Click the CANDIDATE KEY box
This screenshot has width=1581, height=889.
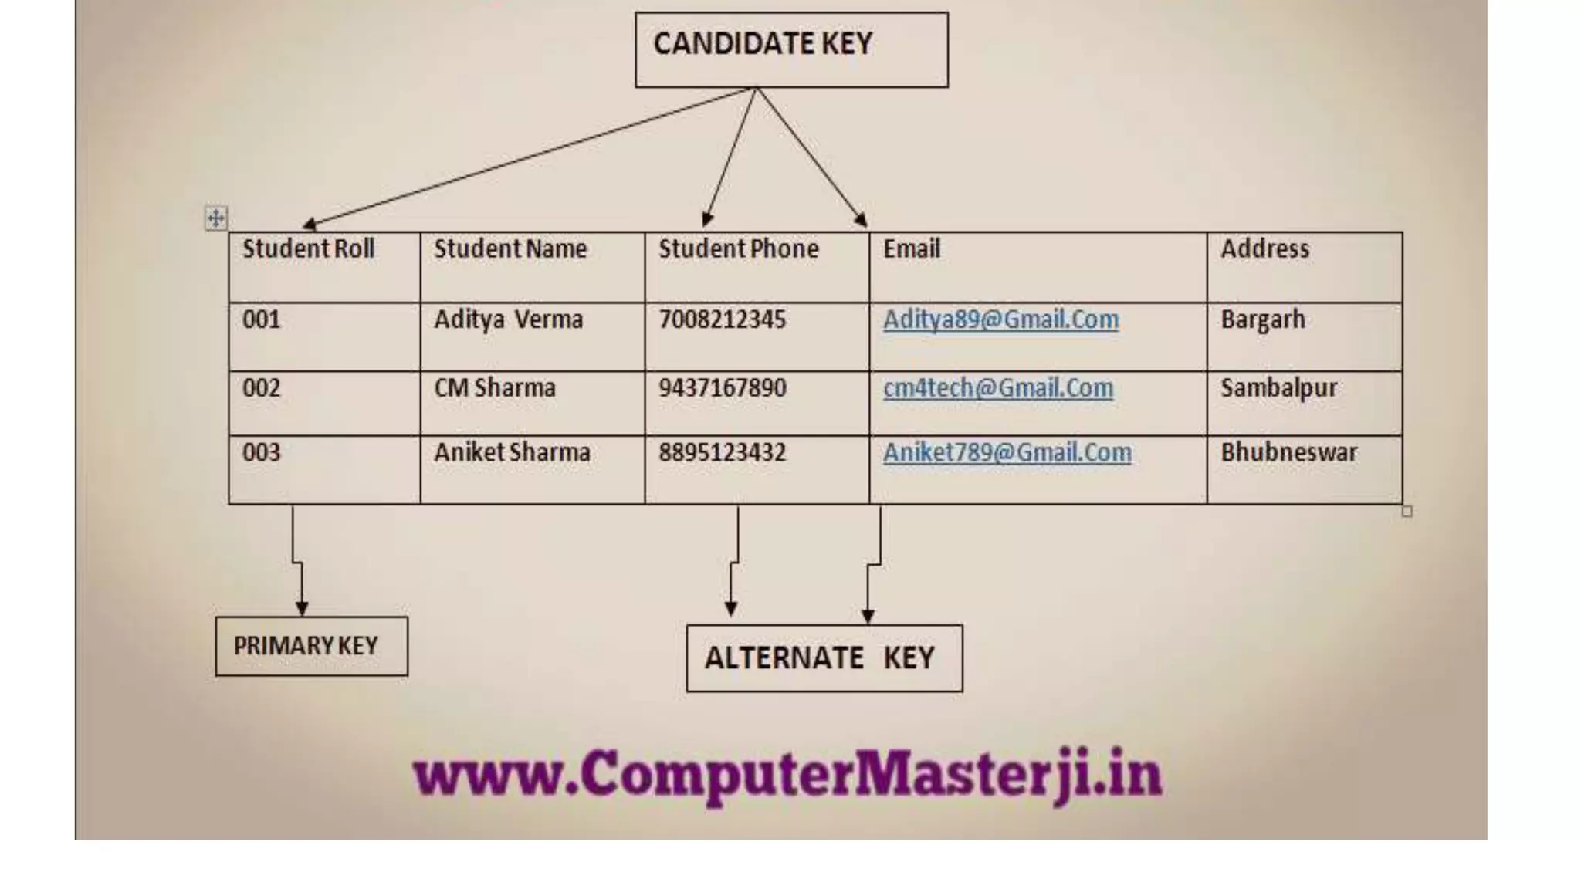[x=791, y=49]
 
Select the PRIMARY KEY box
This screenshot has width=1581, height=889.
[x=311, y=646]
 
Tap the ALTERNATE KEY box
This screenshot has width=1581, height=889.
[x=824, y=658]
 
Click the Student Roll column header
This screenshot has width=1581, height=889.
[x=308, y=249]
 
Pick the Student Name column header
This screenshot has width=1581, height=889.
[x=510, y=249]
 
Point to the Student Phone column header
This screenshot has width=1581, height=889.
[x=738, y=249]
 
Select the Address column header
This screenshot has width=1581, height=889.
[x=1264, y=249]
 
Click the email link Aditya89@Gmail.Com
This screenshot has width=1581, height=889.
[x=1000, y=319]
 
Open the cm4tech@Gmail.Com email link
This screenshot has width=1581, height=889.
[x=998, y=388]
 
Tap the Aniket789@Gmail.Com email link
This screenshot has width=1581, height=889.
[x=1007, y=453]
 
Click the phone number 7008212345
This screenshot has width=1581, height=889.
[x=722, y=319]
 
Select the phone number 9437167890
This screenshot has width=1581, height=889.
[x=722, y=388]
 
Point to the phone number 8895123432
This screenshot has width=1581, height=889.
[x=722, y=453]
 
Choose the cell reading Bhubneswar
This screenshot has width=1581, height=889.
[x=1288, y=453]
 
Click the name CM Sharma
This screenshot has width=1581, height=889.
[x=495, y=388]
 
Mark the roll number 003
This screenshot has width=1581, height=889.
[x=261, y=453]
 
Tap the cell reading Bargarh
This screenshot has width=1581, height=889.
[x=1263, y=319]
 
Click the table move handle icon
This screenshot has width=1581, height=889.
[x=216, y=218]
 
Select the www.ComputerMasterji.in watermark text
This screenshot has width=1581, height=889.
[x=787, y=775]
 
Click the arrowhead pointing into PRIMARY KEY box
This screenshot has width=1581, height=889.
[x=302, y=609]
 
